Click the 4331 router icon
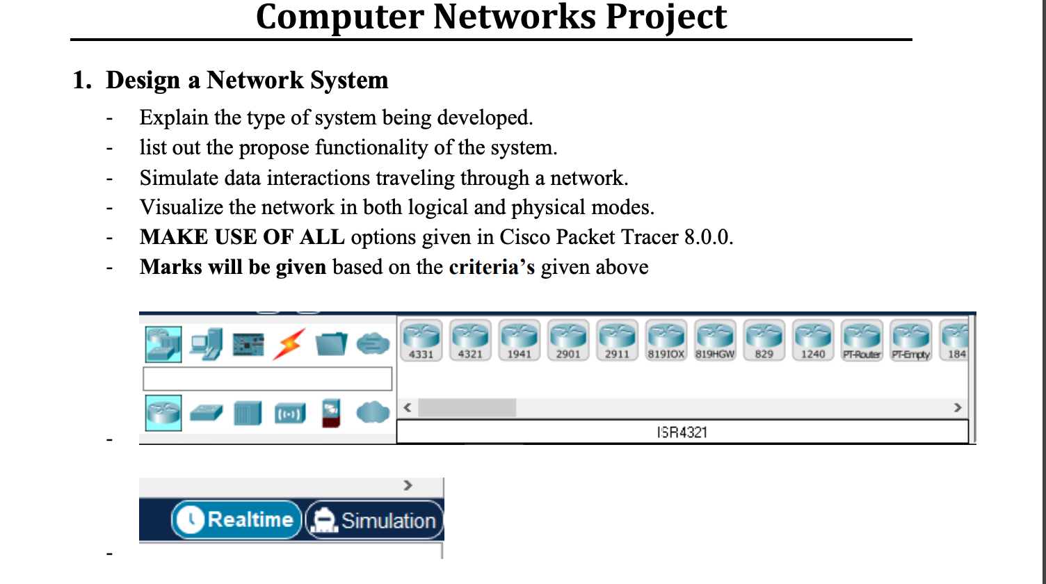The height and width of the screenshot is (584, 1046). click(x=421, y=339)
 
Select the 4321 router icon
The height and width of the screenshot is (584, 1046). click(x=470, y=339)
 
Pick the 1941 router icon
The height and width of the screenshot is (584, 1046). click(x=519, y=339)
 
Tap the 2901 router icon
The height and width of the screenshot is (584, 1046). click(x=568, y=339)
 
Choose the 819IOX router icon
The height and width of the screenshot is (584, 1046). click(x=666, y=339)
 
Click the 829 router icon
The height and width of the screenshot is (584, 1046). click(x=764, y=339)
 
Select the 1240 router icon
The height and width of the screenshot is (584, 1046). click(x=813, y=339)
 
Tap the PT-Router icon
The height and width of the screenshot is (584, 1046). click(x=862, y=339)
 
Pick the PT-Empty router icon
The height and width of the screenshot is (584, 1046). click(x=911, y=339)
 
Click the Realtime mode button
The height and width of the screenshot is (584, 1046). click(x=237, y=520)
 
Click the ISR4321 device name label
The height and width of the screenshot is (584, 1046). click(x=682, y=432)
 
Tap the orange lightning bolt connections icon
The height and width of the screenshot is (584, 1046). click(x=289, y=343)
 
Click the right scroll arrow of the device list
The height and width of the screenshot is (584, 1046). click(x=958, y=407)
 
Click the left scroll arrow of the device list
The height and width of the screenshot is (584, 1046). click(x=408, y=407)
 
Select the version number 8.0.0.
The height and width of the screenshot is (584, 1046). click(x=708, y=237)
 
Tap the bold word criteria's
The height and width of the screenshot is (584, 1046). click(x=492, y=267)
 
